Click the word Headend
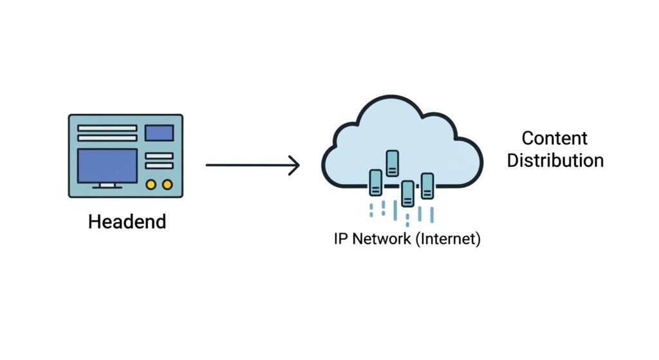(x=127, y=222)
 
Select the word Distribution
(x=555, y=160)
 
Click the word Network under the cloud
(x=380, y=240)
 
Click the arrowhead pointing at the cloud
(x=294, y=166)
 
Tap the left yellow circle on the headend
(x=151, y=185)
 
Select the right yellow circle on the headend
(x=167, y=185)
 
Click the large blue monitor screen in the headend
(x=107, y=166)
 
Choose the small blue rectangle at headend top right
(x=159, y=133)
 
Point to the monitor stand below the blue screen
(x=107, y=186)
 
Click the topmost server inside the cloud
(x=391, y=162)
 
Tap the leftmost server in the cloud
(x=375, y=182)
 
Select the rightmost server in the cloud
(x=427, y=185)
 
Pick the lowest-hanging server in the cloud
(x=407, y=193)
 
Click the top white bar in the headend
(x=107, y=128)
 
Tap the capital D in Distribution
(x=513, y=160)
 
